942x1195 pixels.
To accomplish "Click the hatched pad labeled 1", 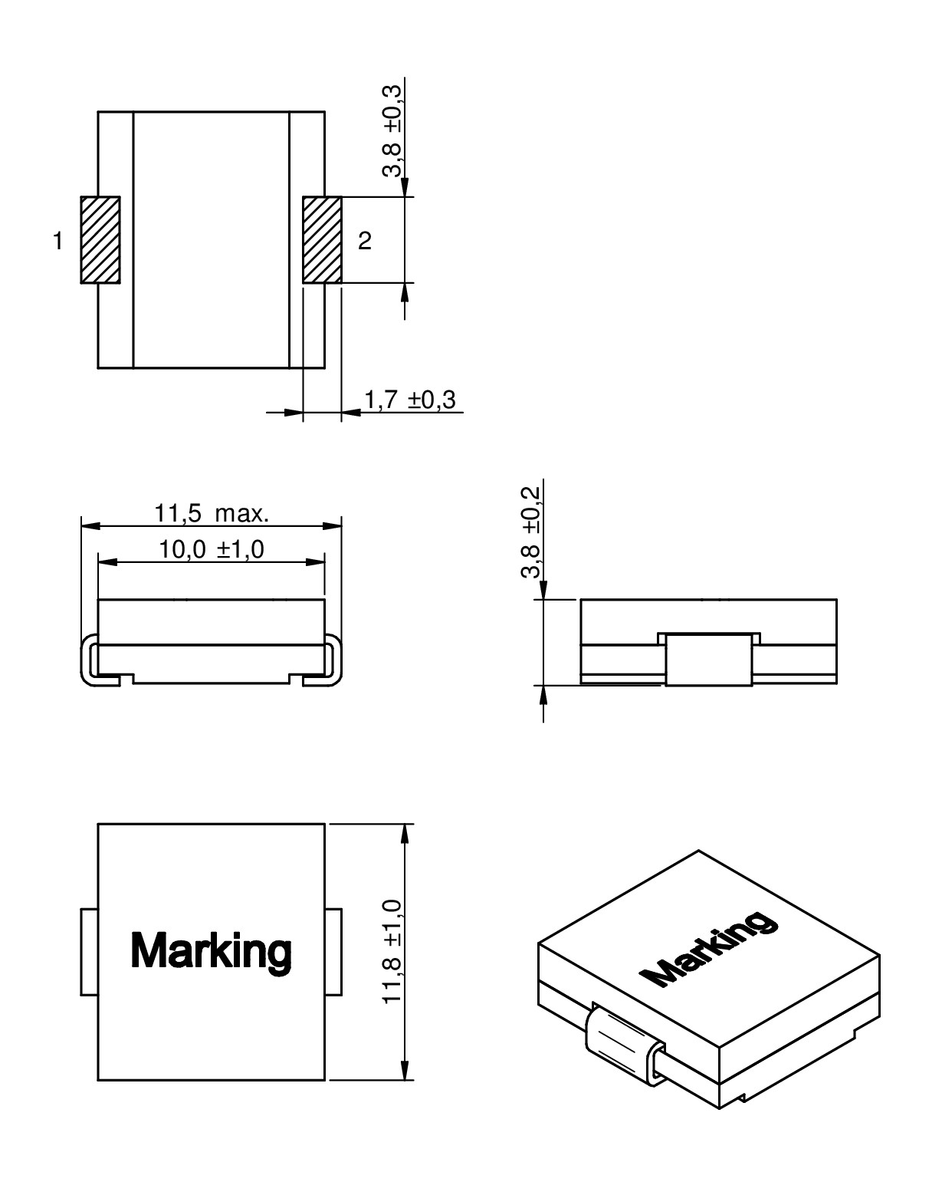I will pos(100,240).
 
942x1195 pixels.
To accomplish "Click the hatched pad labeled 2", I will pos(322,240).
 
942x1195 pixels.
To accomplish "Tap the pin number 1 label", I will pos(57,242).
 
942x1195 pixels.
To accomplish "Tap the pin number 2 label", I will pos(365,242).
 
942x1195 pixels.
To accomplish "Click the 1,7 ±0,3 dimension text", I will pos(409,400).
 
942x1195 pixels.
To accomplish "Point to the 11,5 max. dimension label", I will pos(212,513).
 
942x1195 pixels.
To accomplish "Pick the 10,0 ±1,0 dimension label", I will pos(212,549).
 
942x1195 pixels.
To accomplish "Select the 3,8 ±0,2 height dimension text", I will pos(530,532).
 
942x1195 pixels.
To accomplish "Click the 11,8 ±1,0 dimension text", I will pos(392,952).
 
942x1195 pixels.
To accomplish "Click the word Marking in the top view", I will pos(211,951).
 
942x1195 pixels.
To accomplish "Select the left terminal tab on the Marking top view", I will pos(89,952).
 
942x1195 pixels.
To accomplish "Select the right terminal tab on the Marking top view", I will pos(333,952).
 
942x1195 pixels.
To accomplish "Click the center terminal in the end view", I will pos(709,660).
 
